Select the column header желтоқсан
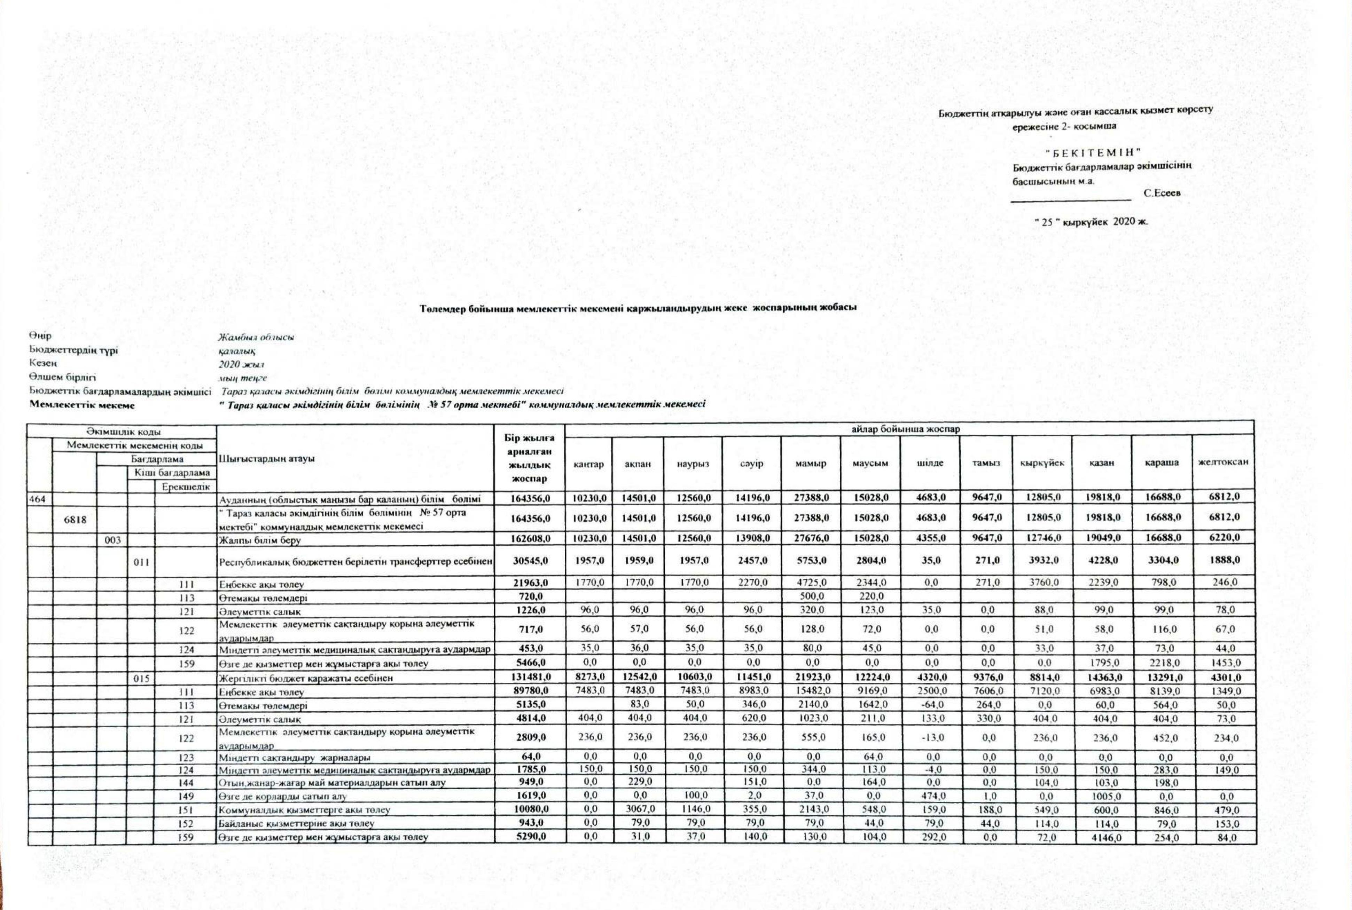tap(1222, 462)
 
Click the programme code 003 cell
tap(112, 540)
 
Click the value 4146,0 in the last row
tap(1102, 838)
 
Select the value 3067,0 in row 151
tap(638, 809)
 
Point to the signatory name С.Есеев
tap(1162, 193)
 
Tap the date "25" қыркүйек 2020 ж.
tap(1091, 222)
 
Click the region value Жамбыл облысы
tap(256, 337)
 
